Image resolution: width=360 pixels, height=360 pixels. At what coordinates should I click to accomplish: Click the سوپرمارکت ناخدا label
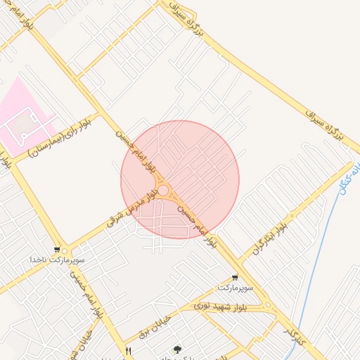(57, 260)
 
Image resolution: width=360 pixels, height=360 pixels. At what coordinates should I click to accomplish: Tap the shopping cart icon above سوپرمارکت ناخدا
(57, 250)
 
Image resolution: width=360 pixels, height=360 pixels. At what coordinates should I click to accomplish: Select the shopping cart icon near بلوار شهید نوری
(234, 278)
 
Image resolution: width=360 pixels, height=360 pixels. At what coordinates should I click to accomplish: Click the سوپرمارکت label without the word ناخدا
(233, 288)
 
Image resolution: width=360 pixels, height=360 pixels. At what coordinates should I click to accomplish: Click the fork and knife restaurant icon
(128, 350)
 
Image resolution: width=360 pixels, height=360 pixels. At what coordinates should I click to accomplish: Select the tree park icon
(176, 349)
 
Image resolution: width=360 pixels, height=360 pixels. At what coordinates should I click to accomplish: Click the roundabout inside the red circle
(164, 191)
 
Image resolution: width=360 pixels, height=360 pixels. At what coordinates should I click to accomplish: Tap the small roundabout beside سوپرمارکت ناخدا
(66, 250)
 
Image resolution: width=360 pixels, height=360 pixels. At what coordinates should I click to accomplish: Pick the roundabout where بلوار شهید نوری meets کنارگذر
(267, 305)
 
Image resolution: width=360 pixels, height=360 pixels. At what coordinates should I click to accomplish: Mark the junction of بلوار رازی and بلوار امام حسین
(98, 112)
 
